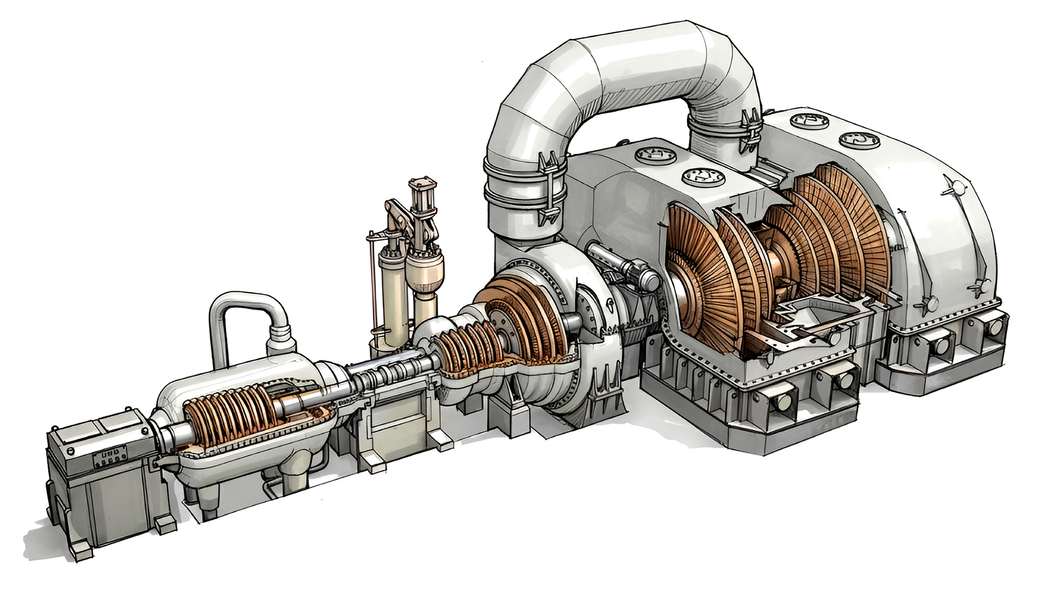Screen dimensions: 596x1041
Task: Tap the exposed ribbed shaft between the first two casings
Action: click(x=388, y=371)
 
